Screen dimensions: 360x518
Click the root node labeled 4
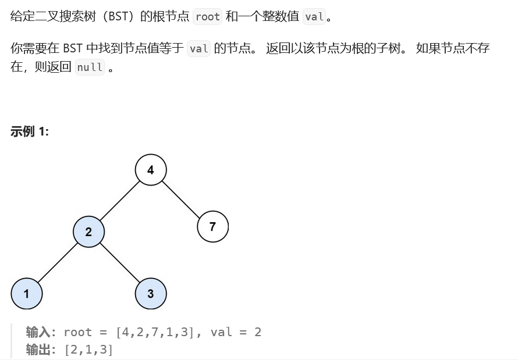pyautogui.click(x=151, y=170)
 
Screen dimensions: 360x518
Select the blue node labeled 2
pyautogui.click(x=88, y=231)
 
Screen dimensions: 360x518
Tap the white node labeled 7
pyautogui.click(x=212, y=226)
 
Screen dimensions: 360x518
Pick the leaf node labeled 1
pyautogui.click(x=26, y=293)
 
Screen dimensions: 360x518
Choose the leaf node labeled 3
pyautogui.click(x=151, y=293)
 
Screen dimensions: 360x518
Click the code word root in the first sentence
pyautogui.click(x=207, y=16)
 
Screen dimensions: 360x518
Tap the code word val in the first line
pyautogui.click(x=314, y=16)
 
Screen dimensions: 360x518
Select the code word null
pyautogui.click(x=90, y=67)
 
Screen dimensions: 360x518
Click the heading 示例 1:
pyautogui.click(x=30, y=131)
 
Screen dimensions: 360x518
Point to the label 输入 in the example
pyautogui.click(x=38, y=332)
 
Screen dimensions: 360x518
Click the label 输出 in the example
pyautogui.click(x=38, y=350)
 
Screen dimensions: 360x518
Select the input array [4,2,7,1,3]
pyautogui.click(x=154, y=332)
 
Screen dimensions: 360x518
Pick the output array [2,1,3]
pyautogui.click(x=88, y=350)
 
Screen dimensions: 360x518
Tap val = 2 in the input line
pyautogui.click(x=236, y=332)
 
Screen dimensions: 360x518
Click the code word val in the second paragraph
pyautogui.click(x=199, y=48)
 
